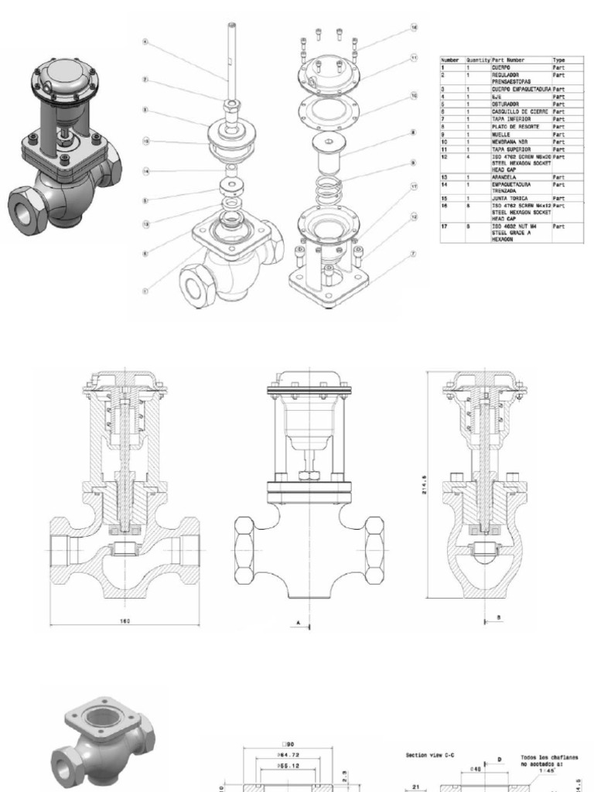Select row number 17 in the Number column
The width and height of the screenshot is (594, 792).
click(x=445, y=226)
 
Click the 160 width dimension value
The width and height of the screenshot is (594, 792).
click(x=124, y=620)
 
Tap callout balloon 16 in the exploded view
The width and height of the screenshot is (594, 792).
click(x=414, y=27)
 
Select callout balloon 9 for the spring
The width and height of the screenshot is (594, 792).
click(x=414, y=162)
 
